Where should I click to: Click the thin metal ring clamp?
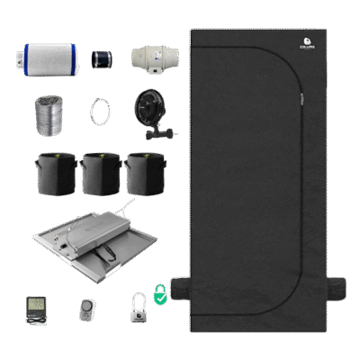tap(98, 112)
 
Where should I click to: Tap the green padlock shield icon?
tap(158, 292)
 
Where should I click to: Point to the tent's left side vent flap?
tap(181, 287)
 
